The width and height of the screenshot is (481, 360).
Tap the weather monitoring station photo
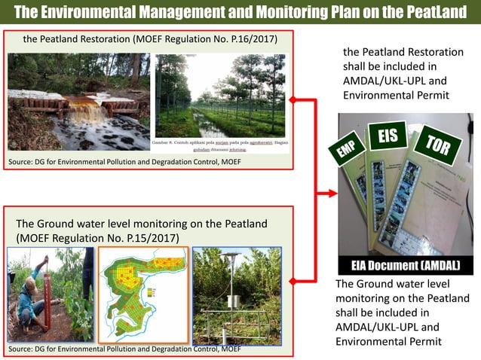tap(237, 294)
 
